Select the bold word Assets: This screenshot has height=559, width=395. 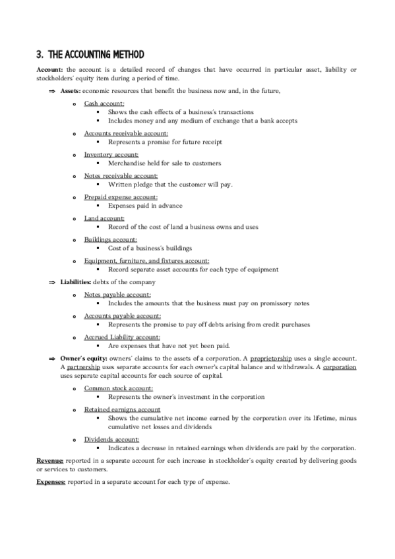71,90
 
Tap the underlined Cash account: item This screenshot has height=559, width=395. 104,104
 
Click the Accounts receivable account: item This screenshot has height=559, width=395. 121,133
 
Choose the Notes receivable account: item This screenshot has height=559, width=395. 121,176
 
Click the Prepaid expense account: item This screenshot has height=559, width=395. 121,197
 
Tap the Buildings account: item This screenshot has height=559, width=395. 111,239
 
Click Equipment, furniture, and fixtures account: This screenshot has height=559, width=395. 146,260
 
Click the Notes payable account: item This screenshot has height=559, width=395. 117,295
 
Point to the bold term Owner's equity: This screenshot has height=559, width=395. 83,358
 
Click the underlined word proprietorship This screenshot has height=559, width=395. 273,358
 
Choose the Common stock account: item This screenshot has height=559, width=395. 119,388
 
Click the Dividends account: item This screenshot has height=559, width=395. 111,439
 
